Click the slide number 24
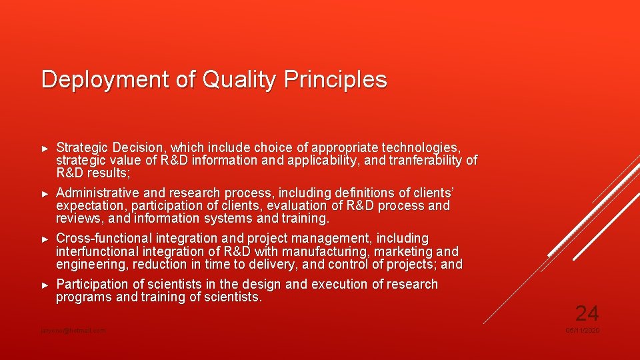coord(587,313)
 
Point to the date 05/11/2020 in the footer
coord(582,331)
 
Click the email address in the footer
coord(73,331)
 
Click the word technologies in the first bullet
coord(421,147)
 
